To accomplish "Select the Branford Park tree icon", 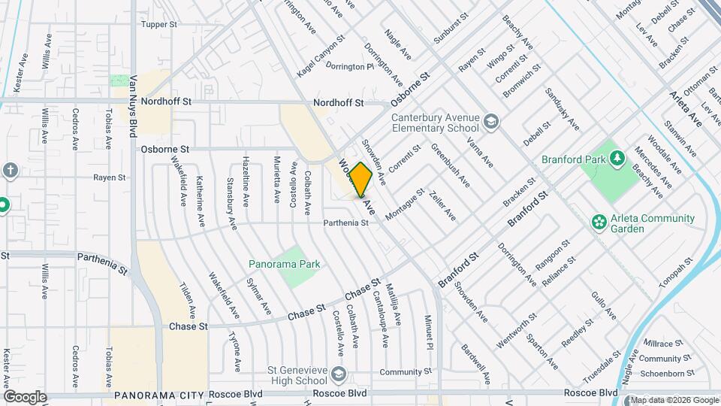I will (617, 158).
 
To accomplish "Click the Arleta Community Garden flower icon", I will (599, 222).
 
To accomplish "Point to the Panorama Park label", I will (285, 264).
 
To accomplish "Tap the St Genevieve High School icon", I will (339, 374).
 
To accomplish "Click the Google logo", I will (25, 396).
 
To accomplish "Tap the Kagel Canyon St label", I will (321, 51).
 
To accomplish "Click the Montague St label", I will (405, 205).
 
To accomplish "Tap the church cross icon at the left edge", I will (10, 170).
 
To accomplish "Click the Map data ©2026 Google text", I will (674, 400).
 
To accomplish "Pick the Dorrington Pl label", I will (350, 66).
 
